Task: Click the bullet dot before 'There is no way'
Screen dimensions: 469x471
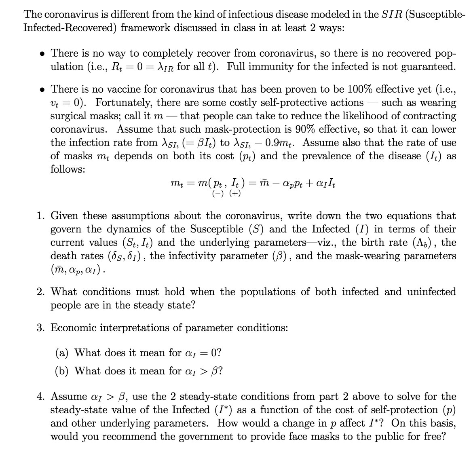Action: pyautogui.click(x=42, y=53)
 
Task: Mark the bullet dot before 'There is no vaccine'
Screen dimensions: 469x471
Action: pyautogui.click(x=42, y=89)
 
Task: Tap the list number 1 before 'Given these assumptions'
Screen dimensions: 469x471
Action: pyautogui.click(x=41, y=215)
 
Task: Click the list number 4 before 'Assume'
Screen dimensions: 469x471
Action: pyautogui.click(x=41, y=396)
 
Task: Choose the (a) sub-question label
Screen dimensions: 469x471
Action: pyautogui.click(x=62, y=353)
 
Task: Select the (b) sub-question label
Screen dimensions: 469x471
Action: pyautogui.click(x=62, y=371)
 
